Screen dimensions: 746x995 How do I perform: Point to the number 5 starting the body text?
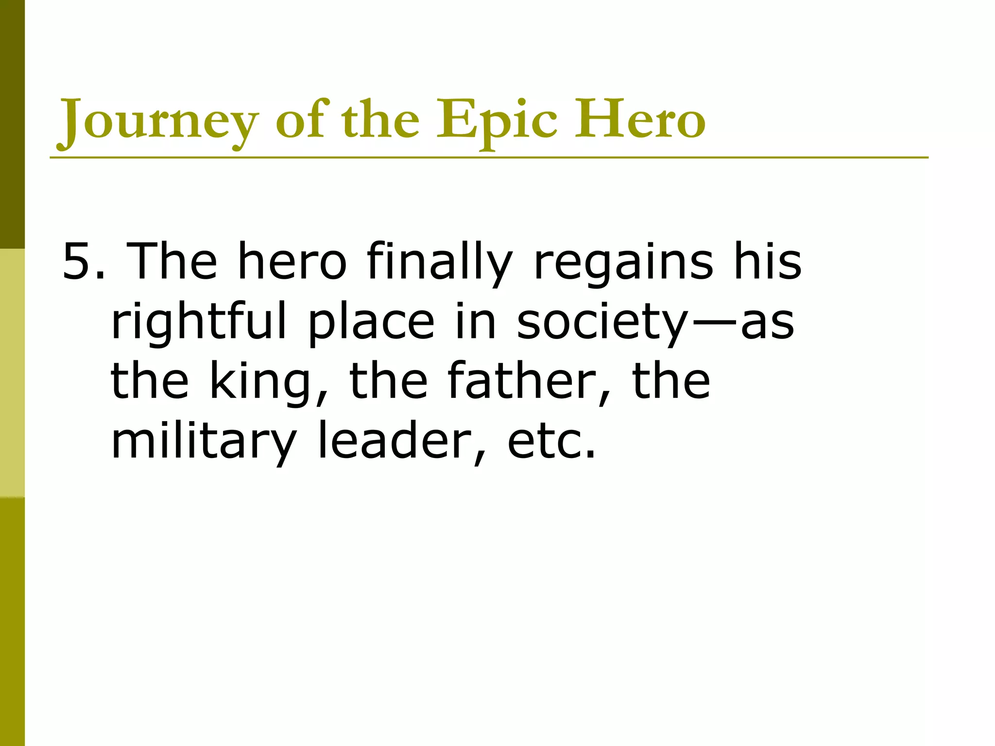[78, 262]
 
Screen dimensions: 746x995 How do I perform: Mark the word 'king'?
[260, 382]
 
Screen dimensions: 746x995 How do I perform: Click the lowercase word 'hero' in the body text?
[292, 262]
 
